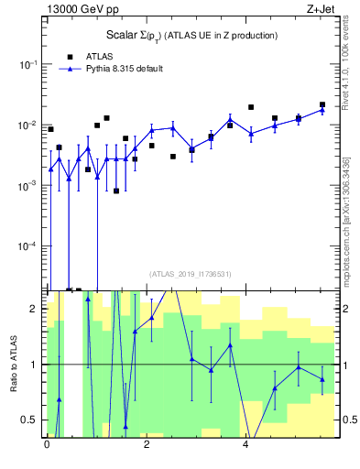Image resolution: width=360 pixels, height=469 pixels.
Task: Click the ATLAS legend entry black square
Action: coord(71,56)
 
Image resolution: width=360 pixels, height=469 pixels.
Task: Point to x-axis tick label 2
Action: coord(147,448)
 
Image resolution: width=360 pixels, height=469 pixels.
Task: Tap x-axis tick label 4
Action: coord(246,448)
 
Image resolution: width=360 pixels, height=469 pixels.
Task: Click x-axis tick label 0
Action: coord(47,448)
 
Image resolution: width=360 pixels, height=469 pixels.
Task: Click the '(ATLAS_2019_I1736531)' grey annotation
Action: coord(191,274)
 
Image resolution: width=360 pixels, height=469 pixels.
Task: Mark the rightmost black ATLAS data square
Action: coord(322,105)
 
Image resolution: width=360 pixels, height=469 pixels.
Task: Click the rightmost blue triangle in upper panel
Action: coord(322,110)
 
